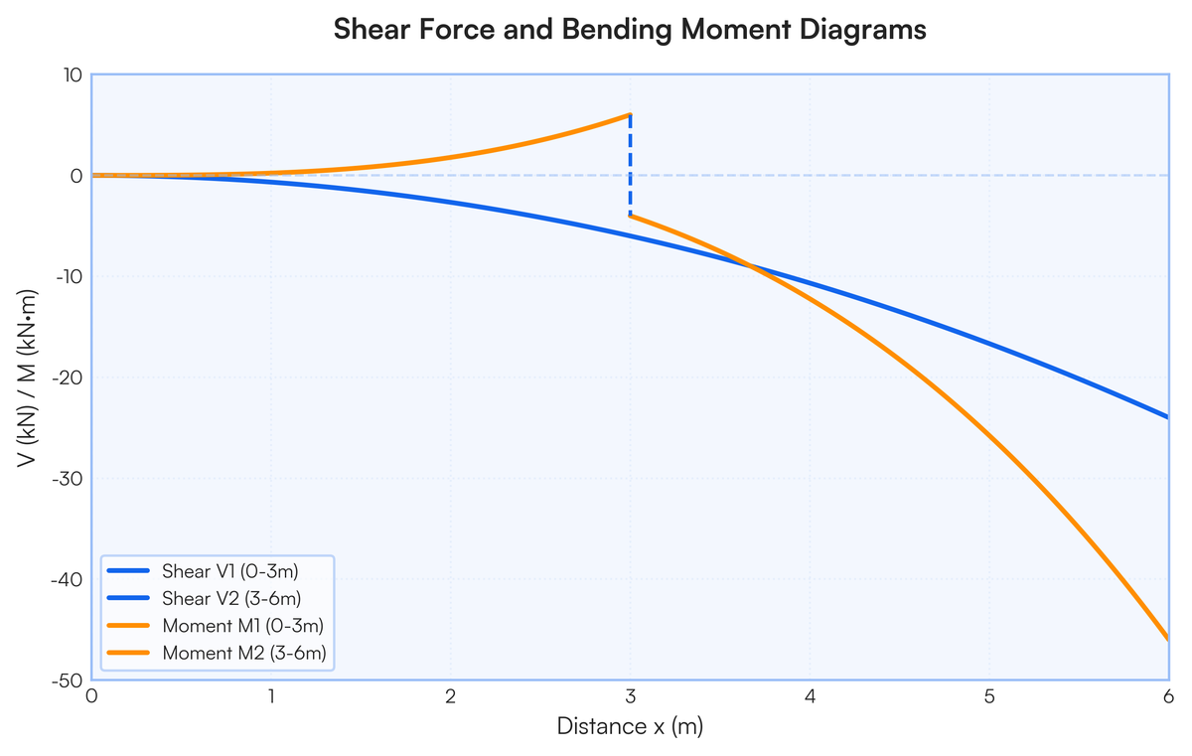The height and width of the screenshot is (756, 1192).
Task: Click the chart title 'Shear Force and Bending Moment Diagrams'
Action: pyautogui.click(x=630, y=29)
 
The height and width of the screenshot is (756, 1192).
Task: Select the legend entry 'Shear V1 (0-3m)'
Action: pyautogui.click(x=229, y=571)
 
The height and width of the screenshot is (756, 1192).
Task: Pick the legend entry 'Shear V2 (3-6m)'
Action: pyautogui.click(x=231, y=598)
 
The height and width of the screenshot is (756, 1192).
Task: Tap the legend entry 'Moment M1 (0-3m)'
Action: pyautogui.click(x=243, y=626)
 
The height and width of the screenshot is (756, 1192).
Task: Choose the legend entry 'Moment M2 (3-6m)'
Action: pyautogui.click(x=244, y=653)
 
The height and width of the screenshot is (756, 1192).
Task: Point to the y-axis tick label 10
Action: pyautogui.click(x=74, y=76)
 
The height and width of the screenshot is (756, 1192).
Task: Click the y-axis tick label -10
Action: pyautogui.click(x=70, y=276)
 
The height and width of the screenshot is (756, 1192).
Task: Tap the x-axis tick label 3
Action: pyautogui.click(x=631, y=696)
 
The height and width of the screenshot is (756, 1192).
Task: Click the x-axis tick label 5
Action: pyautogui.click(x=989, y=696)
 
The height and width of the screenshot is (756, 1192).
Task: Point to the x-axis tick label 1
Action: pyautogui.click(x=271, y=696)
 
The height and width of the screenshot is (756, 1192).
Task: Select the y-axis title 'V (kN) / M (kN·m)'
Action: pyautogui.click(x=27, y=378)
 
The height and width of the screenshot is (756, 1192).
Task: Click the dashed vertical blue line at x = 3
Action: pyautogui.click(x=631, y=165)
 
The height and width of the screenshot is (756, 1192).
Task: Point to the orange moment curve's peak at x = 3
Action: pyautogui.click(x=631, y=114)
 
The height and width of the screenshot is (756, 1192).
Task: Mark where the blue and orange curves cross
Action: pyautogui.click(x=751, y=266)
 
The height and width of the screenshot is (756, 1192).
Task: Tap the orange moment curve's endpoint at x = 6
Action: pyautogui.click(x=1168, y=640)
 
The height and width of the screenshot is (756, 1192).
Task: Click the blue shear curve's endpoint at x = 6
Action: pyautogui.click(x=1168, y=417)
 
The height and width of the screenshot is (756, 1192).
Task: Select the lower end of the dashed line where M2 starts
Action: pyautogui.click(x=631, y=216)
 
